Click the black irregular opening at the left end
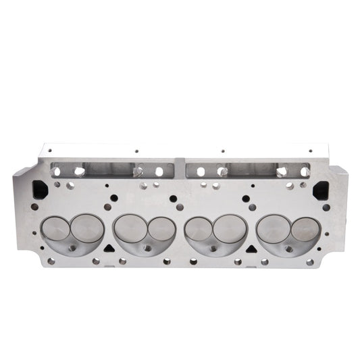tap(38, 190)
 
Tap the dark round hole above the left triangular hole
tap(114, 199)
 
